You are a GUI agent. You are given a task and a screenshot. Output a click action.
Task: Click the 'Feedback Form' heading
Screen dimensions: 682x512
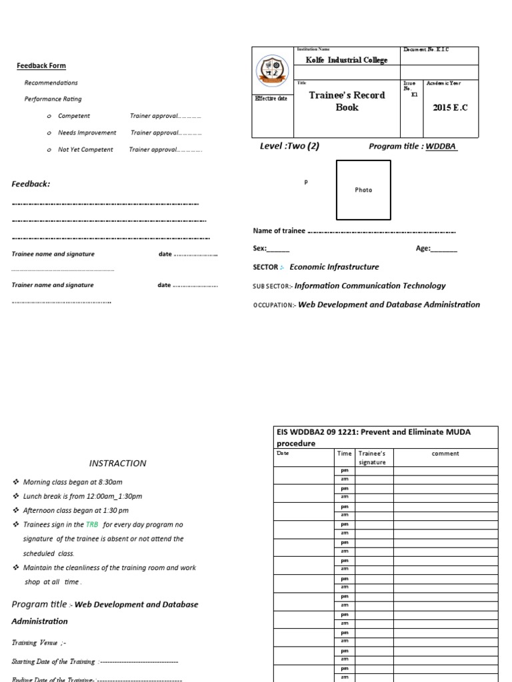(41, 66)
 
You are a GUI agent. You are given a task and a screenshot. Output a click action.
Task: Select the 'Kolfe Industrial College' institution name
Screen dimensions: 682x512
(346, 60)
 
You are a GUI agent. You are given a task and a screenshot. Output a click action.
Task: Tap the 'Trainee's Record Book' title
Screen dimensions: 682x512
(346, 101)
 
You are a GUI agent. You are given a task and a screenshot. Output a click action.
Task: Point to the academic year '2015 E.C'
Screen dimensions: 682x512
(450, 108)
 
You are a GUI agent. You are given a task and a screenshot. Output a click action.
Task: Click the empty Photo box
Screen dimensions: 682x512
(363, 190)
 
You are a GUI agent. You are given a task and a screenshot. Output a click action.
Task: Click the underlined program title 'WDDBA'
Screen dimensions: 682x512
(441, 147)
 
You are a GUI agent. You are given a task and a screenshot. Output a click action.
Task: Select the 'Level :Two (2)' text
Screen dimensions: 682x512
(289, 147)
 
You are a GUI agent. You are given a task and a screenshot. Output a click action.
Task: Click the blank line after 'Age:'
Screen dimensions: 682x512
(445, 249)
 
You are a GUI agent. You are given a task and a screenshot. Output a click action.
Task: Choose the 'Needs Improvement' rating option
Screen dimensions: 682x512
(87, 133)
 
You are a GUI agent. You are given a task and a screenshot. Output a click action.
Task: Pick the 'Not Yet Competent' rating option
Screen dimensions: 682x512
(85, 150)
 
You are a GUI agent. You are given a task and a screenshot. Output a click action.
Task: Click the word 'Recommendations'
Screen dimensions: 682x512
(51, 83)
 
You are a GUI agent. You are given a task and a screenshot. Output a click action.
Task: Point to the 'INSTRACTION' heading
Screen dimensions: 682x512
(118, 464)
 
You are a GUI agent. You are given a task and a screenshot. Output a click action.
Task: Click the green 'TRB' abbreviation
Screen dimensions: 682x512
(93, 525)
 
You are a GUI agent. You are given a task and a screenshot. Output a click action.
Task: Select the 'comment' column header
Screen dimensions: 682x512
(445, 454)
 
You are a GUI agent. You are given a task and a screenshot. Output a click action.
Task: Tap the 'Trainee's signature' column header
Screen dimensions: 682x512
(373, 458)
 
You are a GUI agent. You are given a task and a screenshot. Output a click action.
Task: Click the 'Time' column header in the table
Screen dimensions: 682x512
(345, 454)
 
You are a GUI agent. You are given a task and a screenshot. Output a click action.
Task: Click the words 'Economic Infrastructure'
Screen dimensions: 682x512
(334, 267)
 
